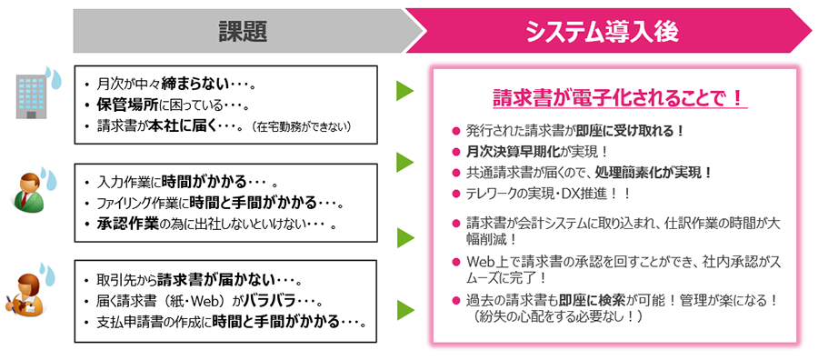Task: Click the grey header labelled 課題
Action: [x=242, y=31]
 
